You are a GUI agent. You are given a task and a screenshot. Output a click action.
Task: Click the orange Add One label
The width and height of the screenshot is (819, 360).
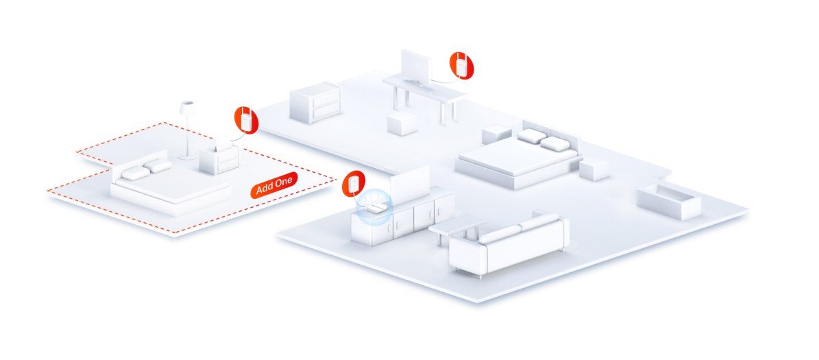(273, 185)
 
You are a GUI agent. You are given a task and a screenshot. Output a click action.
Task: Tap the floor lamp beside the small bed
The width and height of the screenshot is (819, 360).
(186, 130)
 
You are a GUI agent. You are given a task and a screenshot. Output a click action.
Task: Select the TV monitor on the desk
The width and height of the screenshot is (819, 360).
(416, 68)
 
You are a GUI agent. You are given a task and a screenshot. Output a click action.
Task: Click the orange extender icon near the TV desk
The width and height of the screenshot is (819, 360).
(462, 64)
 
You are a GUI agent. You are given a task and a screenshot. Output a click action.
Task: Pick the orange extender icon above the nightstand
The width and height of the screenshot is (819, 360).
(245, 119)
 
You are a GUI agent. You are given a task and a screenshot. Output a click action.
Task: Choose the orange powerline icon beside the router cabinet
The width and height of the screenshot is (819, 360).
(354, 183)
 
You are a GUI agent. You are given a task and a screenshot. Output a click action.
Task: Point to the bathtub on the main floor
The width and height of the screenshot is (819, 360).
(669, 200)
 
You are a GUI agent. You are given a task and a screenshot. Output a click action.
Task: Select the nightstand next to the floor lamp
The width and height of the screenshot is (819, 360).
(219, 158)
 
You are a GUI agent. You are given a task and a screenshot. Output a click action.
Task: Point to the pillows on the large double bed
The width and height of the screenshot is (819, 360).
(543, 139)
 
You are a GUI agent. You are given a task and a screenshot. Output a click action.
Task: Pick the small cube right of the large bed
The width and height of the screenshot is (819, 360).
(594, 168)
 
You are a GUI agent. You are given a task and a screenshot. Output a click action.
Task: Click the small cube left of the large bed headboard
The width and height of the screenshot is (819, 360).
(496, 134)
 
